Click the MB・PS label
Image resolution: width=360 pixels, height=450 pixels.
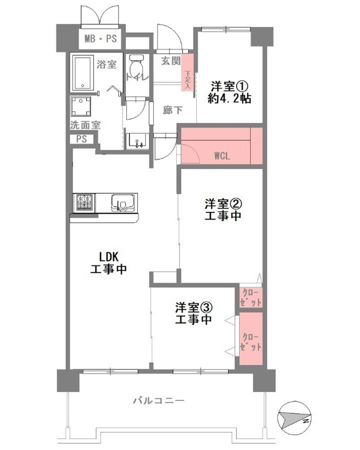point(100,39)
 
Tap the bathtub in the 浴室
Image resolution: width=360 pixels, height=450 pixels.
point(83,73)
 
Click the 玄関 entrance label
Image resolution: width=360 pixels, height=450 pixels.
point(171,61)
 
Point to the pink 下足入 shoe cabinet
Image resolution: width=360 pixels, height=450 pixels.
point(188,73)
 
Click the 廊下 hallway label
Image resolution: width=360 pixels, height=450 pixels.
point(173,110)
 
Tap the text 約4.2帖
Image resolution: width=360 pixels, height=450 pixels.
point(229,98)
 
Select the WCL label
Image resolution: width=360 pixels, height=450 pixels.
point(222,156)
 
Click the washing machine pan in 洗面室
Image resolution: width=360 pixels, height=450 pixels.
point(81,106)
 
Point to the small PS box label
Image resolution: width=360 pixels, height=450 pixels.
point(82,139)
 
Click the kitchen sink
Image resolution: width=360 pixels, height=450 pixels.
point(123,203)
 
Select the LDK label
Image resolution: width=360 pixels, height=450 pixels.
point(109,257)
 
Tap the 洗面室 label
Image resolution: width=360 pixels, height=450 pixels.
point(85,125)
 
